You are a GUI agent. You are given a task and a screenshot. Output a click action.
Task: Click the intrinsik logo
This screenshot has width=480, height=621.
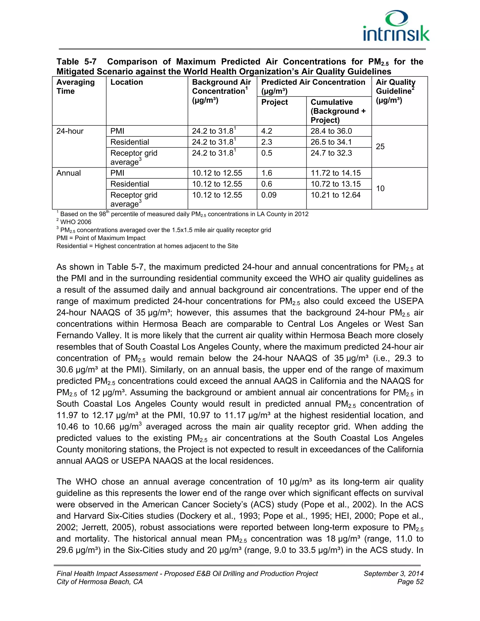point(396,26)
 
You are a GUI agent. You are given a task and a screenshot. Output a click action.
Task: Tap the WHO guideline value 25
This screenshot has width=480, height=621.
point(380,147)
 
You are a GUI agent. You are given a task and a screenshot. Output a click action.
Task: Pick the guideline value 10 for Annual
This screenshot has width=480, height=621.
point(380,188)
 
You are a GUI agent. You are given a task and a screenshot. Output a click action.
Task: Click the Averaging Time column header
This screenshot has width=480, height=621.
point(75,87)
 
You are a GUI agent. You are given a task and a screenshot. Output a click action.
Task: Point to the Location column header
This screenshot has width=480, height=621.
point(127,82)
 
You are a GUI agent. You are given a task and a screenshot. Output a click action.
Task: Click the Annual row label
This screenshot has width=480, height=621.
point(68,173)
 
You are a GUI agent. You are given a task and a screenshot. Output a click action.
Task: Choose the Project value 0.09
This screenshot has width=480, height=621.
point(269,195)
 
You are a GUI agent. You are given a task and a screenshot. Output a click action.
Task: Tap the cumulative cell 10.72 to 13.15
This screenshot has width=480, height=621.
point(336,184)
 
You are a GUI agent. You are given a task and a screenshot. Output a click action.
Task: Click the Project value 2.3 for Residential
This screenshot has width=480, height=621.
point(266,142)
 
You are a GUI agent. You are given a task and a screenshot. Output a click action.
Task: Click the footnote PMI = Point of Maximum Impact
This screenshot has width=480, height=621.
point(101,238)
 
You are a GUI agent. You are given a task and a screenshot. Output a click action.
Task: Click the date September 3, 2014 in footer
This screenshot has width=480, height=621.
point(393,573)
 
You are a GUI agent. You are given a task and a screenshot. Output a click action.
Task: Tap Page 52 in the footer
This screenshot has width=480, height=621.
point(410,582)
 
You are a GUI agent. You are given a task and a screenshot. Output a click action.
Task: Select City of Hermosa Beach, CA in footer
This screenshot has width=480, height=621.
point(100,582)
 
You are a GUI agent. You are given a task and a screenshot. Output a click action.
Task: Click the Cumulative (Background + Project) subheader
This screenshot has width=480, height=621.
point(338,111)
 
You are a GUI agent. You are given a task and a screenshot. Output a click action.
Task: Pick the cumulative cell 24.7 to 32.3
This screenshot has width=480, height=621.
point(331,153)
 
